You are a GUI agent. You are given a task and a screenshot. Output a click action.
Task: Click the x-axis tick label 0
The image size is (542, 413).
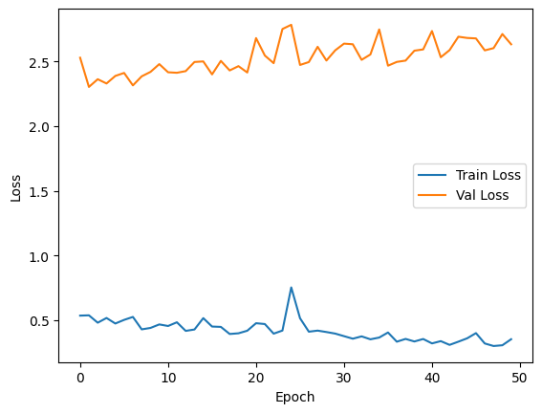click(80, 380)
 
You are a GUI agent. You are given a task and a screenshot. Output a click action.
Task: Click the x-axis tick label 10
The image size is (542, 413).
click(168, 380)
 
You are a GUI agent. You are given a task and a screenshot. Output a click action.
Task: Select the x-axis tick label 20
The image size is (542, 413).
click(256, 380)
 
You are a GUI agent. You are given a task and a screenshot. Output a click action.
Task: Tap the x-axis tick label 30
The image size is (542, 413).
click(344, 380)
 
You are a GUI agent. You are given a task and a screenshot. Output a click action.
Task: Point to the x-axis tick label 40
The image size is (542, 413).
click(432, 380)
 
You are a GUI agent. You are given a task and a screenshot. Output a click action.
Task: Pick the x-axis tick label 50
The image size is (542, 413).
click(520, 380)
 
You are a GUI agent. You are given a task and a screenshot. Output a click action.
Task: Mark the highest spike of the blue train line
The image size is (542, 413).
click(292, 287)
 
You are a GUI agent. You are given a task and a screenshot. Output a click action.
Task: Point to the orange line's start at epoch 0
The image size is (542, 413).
click(80, 57)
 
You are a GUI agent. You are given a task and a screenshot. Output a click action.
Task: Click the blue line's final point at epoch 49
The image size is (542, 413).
click(511, 339)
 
